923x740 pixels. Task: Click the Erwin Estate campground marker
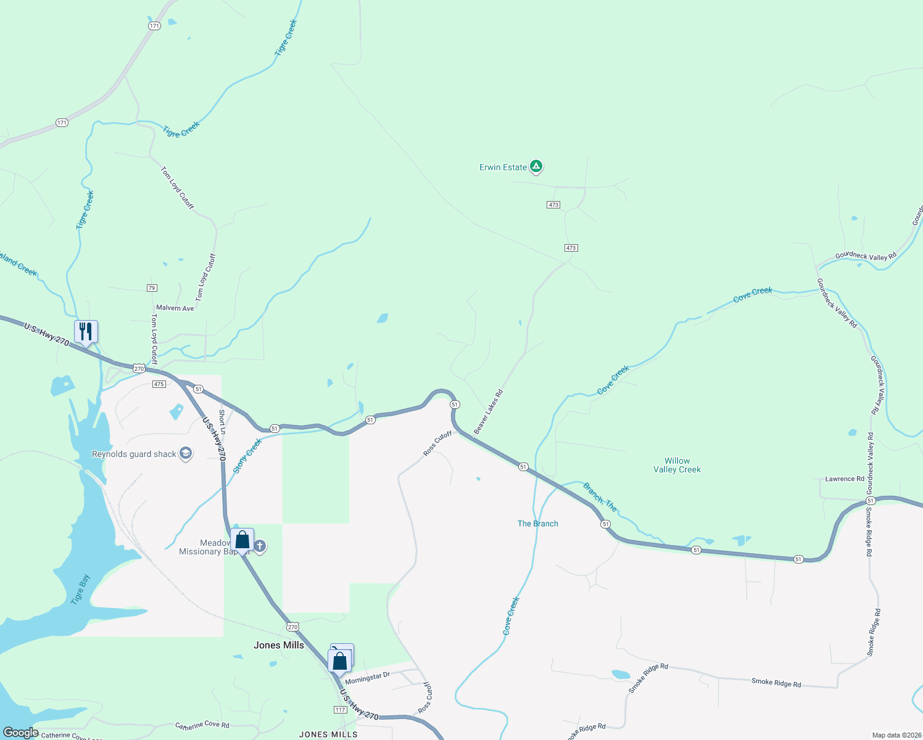point(537,166)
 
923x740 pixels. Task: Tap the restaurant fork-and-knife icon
point(86,331)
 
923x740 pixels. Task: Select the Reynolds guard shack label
point(135,454)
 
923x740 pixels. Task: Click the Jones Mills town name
point(279,645)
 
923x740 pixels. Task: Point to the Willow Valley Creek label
point(677,465)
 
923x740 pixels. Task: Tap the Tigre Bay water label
point(80,590)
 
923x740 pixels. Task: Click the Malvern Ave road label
point(175,308)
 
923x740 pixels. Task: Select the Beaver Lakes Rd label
point(488,411)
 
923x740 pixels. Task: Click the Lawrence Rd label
point(845,479)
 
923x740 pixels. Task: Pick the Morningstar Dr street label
point(367,678)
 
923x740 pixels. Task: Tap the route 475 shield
point(159,384)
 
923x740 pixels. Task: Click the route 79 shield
point(152,288)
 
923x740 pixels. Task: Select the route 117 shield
point(340,710)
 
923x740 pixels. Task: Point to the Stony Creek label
point(247,456)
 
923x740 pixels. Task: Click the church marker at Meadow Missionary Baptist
point(260,546)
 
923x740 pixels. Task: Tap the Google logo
point(20,733)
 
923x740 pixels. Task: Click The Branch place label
point(537,524)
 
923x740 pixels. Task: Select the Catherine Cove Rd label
point(202,725)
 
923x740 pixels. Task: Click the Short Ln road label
point(223,421)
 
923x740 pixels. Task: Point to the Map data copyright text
point(894,735)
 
